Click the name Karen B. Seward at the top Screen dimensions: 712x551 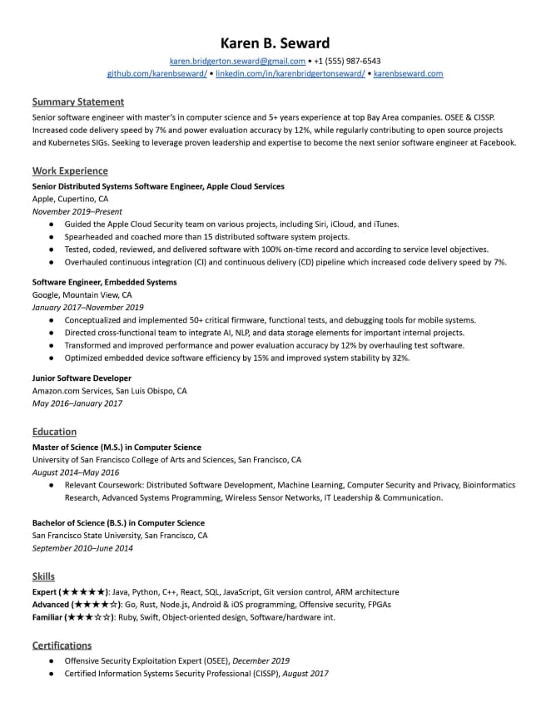coord(275,43)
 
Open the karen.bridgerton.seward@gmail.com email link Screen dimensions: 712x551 coord(237,62)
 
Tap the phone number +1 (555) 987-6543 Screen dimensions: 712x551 coord(347,62)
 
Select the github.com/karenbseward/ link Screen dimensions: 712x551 coord(157,74)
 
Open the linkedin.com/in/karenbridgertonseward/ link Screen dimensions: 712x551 coord(290,74)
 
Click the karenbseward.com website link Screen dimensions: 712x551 coord(408,74)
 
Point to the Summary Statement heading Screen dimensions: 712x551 coord(77,102)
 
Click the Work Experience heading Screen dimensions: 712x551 coord(70,171)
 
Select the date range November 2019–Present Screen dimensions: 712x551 coord(70,212)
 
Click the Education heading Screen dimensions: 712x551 coord(54,432)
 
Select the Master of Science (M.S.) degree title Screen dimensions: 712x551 coord(116,447)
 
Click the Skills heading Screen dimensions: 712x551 coord(43,576)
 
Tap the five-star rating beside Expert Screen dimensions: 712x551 coord(86,592)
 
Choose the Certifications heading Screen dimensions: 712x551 coord(62,645)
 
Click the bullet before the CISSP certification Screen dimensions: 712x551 coord(52,674)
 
